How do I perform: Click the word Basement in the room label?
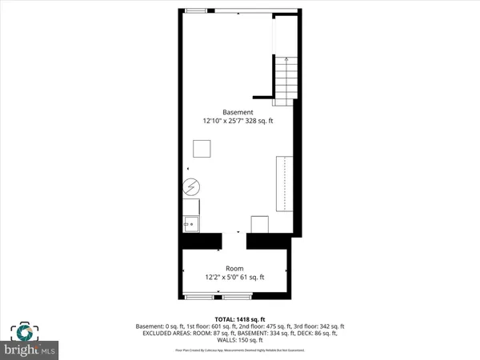point(238,112)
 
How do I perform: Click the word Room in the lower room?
point(234,269)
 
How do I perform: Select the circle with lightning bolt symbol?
point(190,187)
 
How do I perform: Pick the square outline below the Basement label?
point(202,150)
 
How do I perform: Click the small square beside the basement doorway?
point(260,225)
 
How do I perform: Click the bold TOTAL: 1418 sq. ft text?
point(239,318)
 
